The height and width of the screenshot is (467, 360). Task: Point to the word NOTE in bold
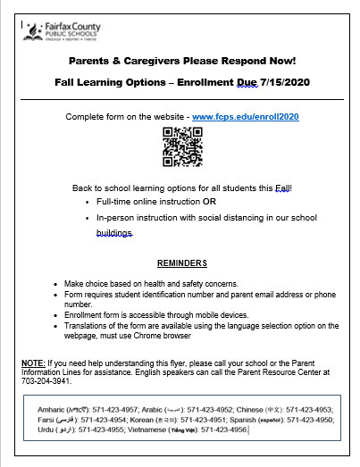tap(34, 363)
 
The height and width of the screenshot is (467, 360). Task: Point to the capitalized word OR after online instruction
tap(210, 203)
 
